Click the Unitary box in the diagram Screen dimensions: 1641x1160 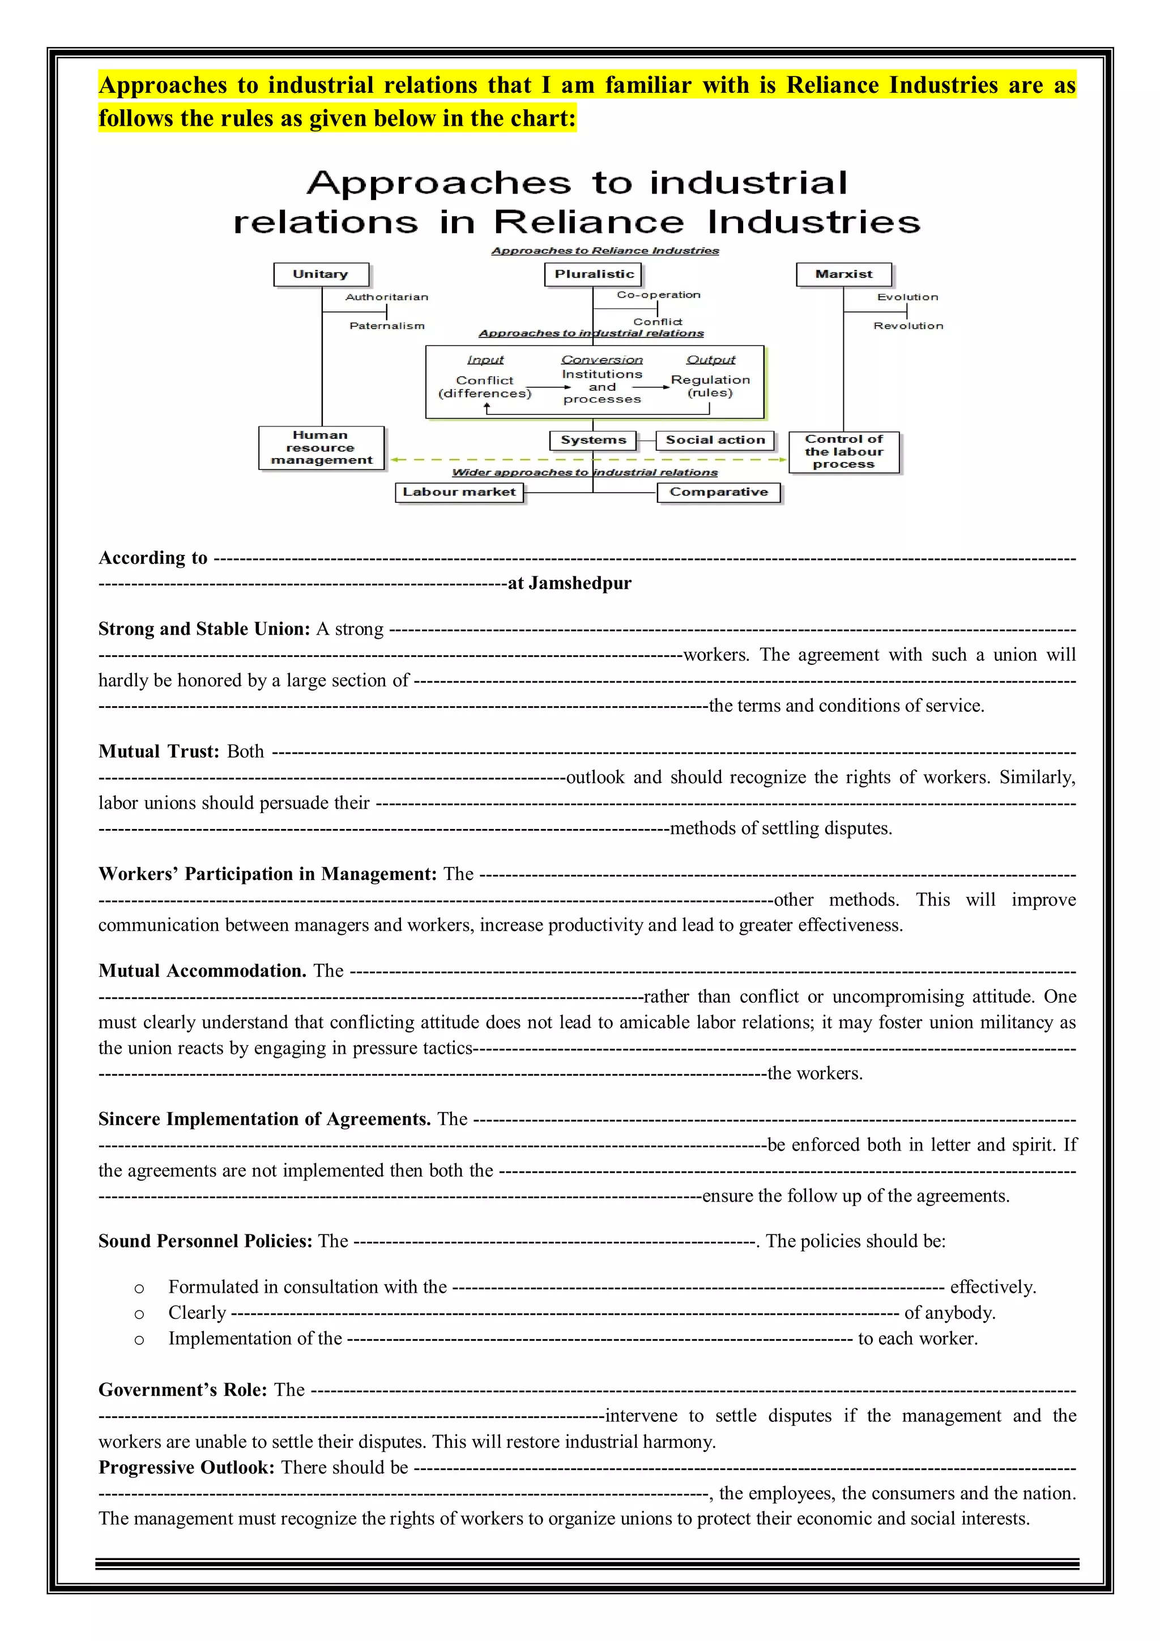pyautogui.click(x=321, y=275)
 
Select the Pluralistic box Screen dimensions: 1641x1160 pyautogui.click(x=593, y=275)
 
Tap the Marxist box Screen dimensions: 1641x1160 pyautogui.click(x=844, y=275)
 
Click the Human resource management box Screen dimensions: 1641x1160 pyautogui.click(x=321, y=448)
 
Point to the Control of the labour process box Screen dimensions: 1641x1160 pyautogui.click(x=844, y=452)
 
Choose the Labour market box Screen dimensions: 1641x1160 pyautogui.click(x=459, y=493)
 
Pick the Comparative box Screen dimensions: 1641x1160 pyautogui.click(x=718, y=493)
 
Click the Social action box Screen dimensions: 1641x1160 pyautogui.click(x=715, y=441)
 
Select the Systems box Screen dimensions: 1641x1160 pyautogui.click(x=592, y=441)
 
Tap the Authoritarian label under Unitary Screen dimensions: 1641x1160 pyautogui.click(x=387, y=297)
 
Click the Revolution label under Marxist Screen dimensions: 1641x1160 pyautogui.click(x=908, y=326)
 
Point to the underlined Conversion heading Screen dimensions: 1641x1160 pyautogui.click(x=602, y=360)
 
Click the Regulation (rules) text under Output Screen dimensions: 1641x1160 pyautogui.click(x=710, y=387)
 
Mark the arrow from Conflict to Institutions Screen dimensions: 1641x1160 pyautogui.click(x=548, y=387)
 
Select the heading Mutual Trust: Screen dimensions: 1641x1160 pyautogui.click(x=159, y=751)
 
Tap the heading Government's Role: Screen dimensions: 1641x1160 pyautogui.click(x=182, y=1390)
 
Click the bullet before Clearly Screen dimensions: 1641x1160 pyautogui.click(x=139, y=1314)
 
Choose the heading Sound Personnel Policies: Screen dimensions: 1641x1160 pyautogui.click(x=205, y=1241)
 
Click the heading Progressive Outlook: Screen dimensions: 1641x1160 pyautogui.click(x=186, y=1467)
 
